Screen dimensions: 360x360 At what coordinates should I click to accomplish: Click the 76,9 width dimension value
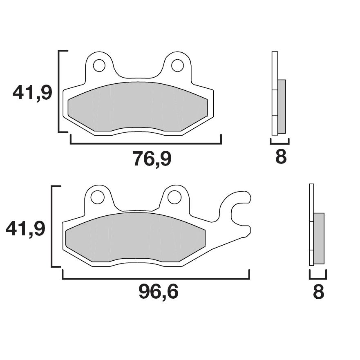coord(152,159)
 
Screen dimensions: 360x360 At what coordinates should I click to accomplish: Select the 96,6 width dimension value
coord(159,292)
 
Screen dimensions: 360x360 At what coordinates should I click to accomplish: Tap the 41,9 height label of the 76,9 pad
coord(32,93)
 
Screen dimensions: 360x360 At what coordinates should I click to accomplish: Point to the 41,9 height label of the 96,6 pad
coord(25,228)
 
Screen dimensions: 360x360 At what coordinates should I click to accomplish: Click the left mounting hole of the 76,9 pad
coord(99,65)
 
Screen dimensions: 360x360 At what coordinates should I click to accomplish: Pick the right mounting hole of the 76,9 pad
coord(177,65)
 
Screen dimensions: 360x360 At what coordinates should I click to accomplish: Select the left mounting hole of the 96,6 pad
coord(97,197)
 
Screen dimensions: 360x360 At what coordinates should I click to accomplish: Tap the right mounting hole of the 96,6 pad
coord(174,197)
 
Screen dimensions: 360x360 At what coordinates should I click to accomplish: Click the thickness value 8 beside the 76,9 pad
coord(281,157)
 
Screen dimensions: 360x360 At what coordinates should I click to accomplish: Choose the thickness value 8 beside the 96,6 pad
coord(318,292)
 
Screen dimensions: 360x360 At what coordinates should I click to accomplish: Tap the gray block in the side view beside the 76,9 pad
coord(282,106)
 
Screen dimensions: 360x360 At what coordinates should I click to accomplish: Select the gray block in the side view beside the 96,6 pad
coord(319,238)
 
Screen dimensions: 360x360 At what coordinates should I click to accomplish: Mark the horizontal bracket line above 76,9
coord(145,144)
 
